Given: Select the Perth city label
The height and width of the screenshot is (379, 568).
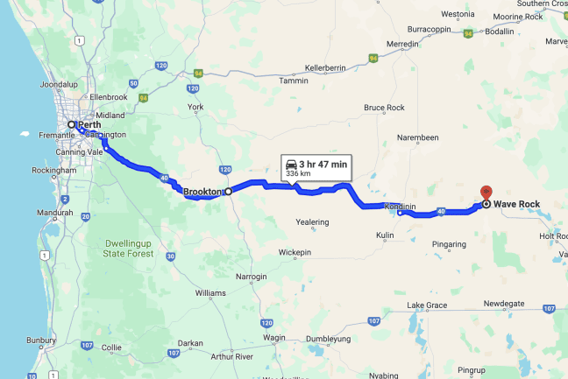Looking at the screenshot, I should (x=89, y=125).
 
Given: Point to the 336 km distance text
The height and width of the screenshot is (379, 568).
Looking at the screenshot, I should (x=299, y=174).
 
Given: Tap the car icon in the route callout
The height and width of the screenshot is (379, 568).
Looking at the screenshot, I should (x=290, y=164).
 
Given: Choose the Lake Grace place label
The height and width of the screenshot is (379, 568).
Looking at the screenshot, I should (x=427, y=305).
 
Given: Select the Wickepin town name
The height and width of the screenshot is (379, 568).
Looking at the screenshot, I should (x=295, y=252).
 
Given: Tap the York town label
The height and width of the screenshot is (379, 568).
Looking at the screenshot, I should (x=195, y=107).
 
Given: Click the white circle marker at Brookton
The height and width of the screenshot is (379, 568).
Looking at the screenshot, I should (x=228, y=191).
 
